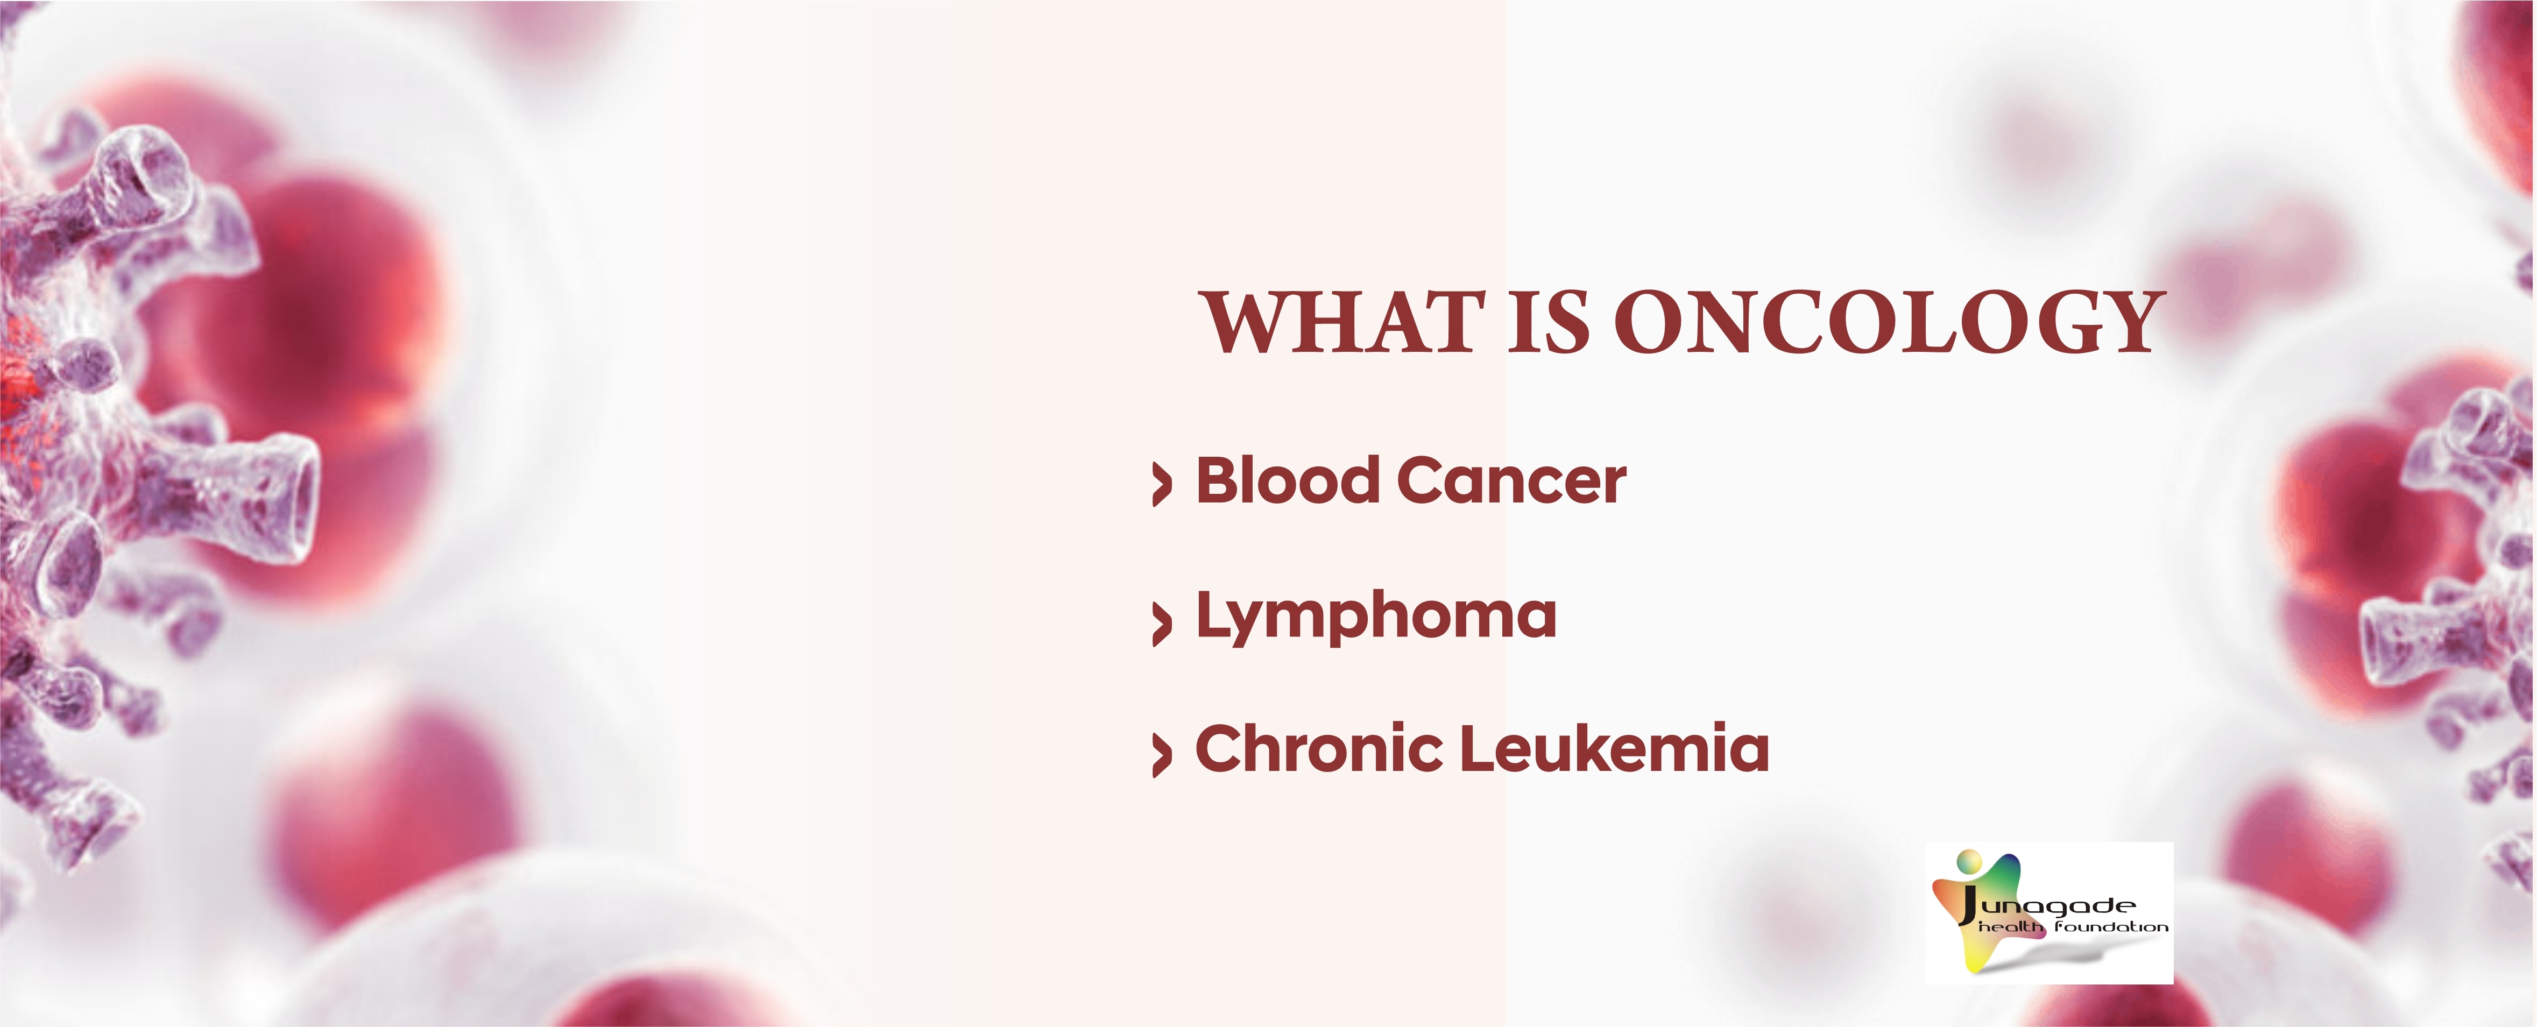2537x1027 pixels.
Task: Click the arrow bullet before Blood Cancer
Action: pyautogui.click(x=1162, y=485)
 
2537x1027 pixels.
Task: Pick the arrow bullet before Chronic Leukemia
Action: pyautogui.click(x=1162, y=755)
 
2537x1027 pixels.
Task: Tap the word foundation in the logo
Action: pyautogui.click(x=2110, y=926)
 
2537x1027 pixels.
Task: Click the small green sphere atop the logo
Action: pyautogui.click(x=1969, y=862)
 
